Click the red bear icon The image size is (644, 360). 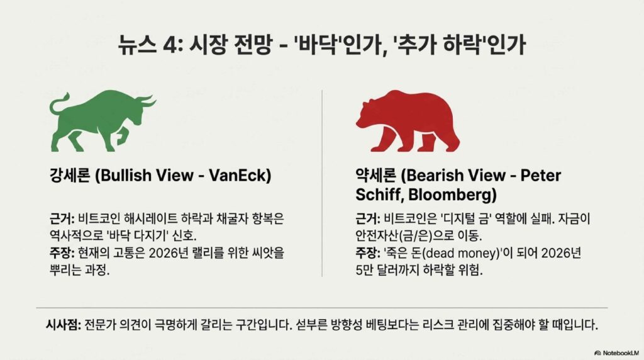coord(408,121)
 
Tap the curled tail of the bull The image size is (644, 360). coord(58,105)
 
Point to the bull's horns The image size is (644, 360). coord(146,100)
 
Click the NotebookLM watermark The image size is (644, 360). coord(616,352)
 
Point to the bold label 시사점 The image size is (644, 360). coord(63,325)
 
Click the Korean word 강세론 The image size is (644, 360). coord(70,176)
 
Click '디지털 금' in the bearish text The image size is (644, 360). coord(465,218)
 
